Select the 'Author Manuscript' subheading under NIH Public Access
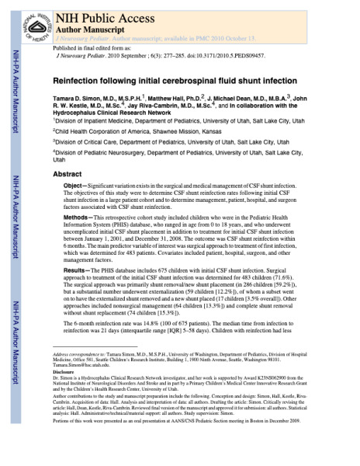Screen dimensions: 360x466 91,25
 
